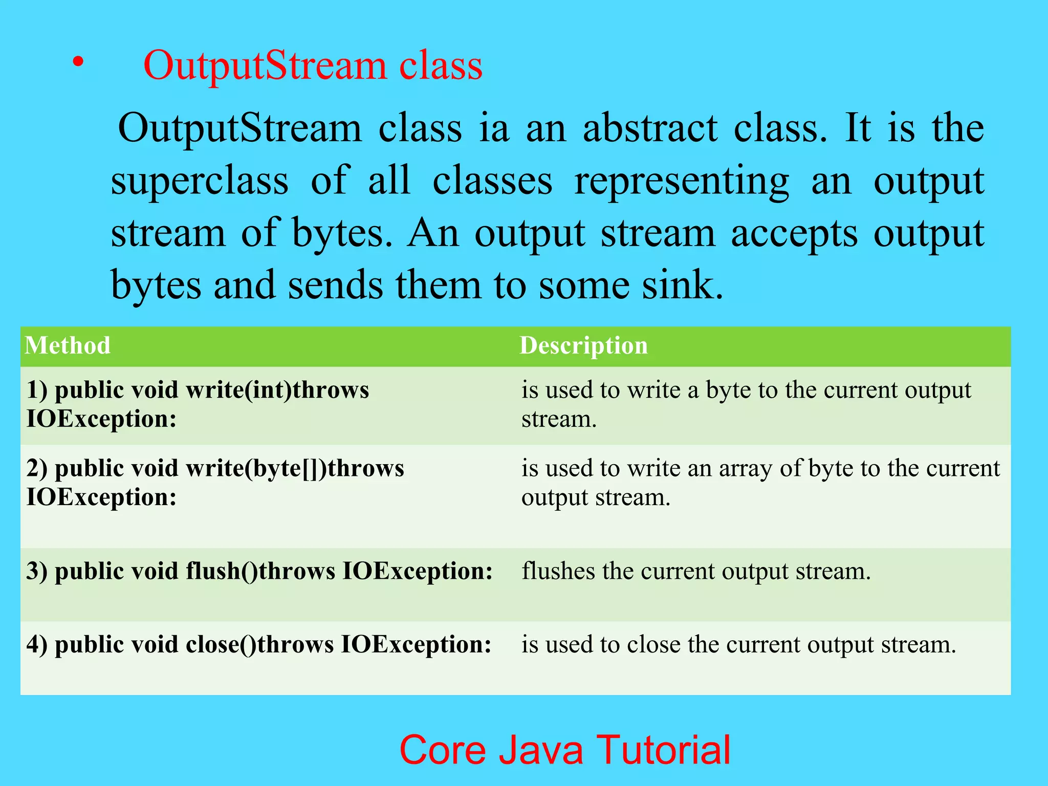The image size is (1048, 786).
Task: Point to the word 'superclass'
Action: click(x=200, y=182)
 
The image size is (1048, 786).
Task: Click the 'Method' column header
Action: click(x=68, y=345)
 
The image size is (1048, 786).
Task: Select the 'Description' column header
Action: click(x=583, y=345)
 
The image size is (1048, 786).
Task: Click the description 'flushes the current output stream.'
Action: click(x=696, y=571)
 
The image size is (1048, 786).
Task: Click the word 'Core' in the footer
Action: click(x=442, y=750)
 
